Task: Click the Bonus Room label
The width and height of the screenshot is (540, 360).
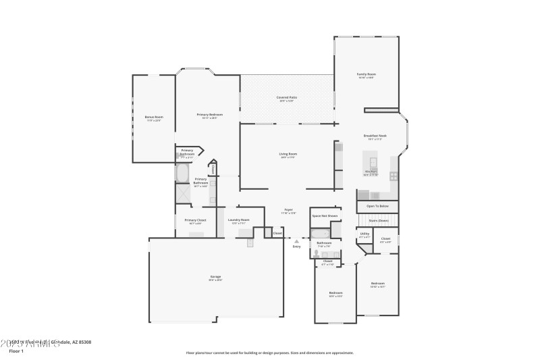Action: pyautogui.click(x=154, y=117)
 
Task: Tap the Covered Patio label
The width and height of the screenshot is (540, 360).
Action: pyautogui.click(x=287, y=97)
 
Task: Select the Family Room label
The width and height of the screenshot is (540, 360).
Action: pyautogui.click(x=366, y=74)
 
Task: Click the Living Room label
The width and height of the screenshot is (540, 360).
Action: pyautogui.click(x=288, y=154)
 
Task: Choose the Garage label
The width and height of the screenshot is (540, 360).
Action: pyautogui.click(x=215, y=277)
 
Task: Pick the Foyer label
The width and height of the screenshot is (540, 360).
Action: pyautogui.click(x=288, y=209)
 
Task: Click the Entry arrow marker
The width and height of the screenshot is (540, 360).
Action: pyautogui.click(x=296, y=240)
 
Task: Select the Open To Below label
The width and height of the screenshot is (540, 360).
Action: pyautogui.click(x=377, y=205)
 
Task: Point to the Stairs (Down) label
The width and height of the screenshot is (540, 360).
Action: pyautogui.click(x=378, y=220)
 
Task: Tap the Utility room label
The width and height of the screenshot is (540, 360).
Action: pyautogui.click(x=364, y=234)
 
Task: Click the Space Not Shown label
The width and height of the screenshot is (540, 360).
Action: pyautogui.click(x=324, y=216)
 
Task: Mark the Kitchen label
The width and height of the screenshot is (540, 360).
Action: pyautogui.click(x=371, y=172)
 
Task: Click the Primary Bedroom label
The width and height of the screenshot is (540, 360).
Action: pyautogui.click(x=210, y=115)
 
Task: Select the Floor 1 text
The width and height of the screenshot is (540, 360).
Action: pyautogui.click(x=16, y=351)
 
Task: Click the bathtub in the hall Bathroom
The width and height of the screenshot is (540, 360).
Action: pyautogui.click(x=321, y=234)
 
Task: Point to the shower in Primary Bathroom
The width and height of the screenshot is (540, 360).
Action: pyautogui.click(x=183, y=193)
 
